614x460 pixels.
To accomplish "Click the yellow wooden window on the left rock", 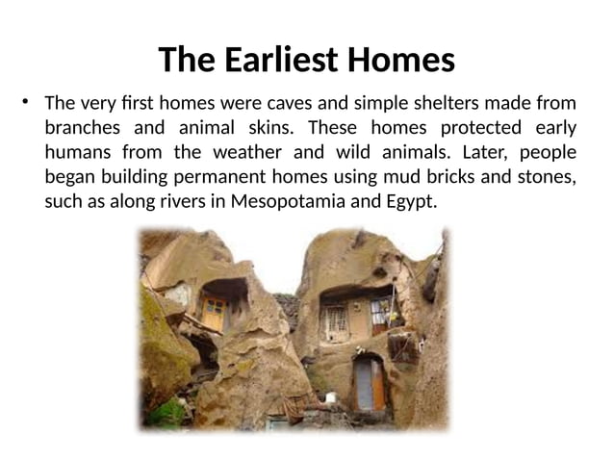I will coord(213,310).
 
